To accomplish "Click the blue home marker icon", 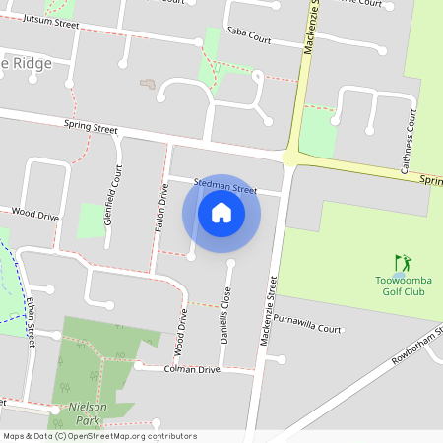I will [x=221, y=212].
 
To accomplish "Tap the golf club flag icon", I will [x=402, y=263].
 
